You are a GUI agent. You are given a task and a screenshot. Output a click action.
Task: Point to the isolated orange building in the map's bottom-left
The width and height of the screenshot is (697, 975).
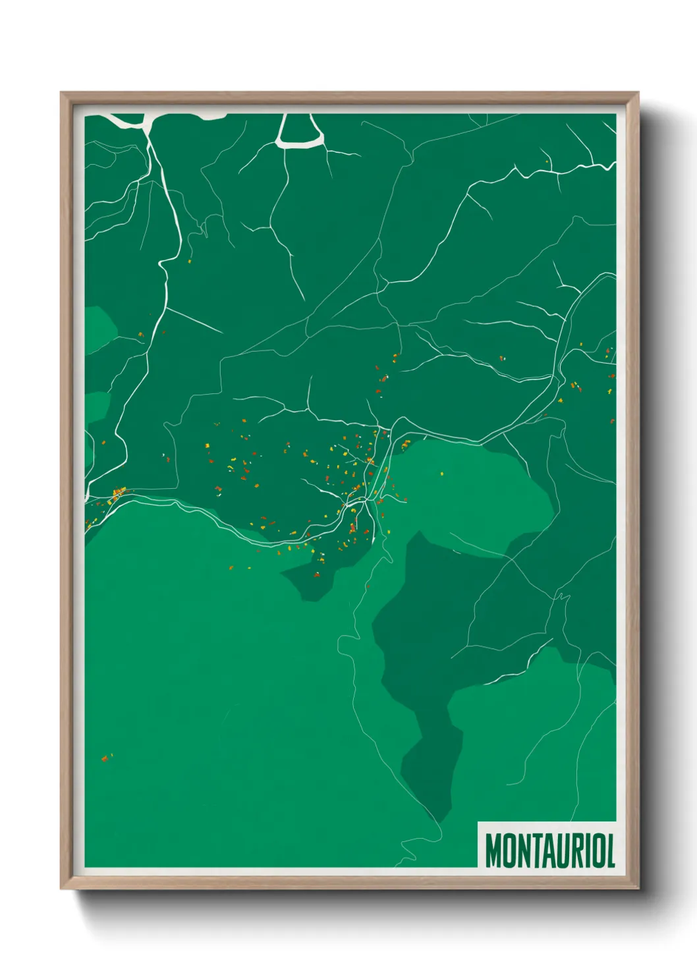(104, 759)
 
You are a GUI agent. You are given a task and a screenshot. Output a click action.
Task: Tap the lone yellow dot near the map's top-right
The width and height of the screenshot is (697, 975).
(547, 161)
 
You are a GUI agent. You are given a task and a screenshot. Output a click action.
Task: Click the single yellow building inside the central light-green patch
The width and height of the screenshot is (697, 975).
(441, 472)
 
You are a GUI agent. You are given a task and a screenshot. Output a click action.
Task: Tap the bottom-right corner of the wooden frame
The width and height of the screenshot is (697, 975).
(638, 888)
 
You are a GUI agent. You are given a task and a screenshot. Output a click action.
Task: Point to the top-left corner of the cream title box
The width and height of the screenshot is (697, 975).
(478, 823)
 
